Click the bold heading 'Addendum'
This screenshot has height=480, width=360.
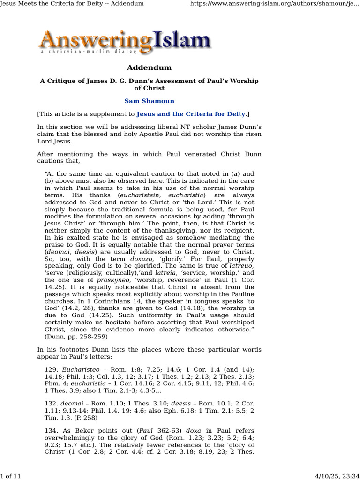pos(149,67)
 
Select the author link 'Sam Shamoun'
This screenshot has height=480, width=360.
pos(149,101)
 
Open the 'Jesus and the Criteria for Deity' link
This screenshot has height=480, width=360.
pos(191,114)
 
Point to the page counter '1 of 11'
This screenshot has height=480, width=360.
pos(11,476)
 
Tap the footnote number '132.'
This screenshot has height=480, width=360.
pos(51,403)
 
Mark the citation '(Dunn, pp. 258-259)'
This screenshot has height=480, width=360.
pos(75,337)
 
